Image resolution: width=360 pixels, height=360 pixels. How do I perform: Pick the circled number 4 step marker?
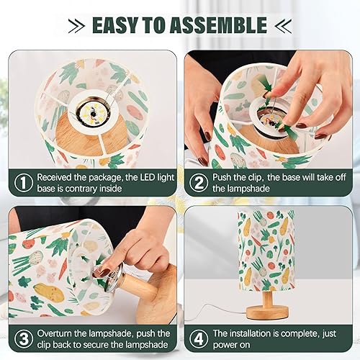[x=197, y=340]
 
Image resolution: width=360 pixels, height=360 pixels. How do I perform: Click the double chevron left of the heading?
[x=76, y=25]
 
